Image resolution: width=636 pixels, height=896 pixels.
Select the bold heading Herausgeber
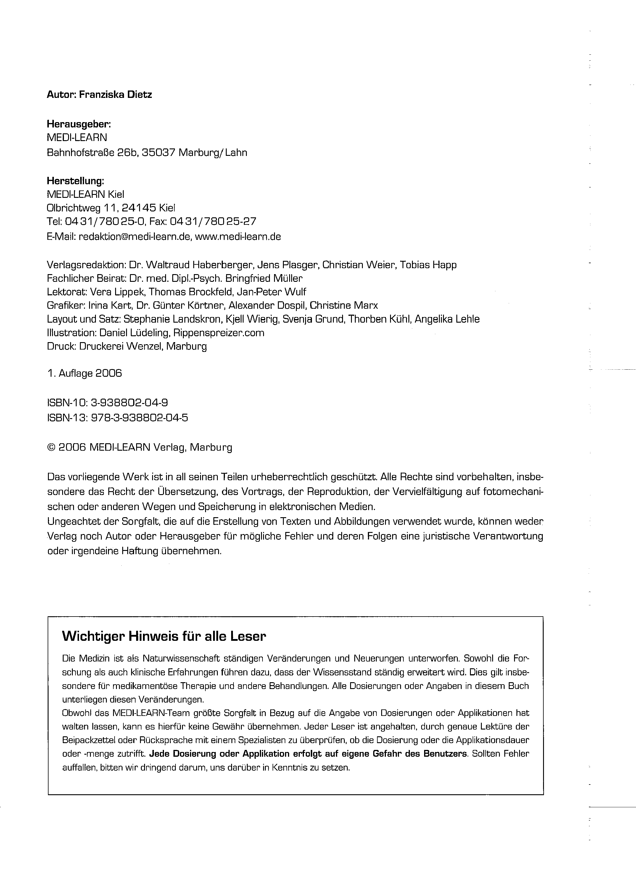point(79,124)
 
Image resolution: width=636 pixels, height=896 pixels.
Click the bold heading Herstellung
point(75,181)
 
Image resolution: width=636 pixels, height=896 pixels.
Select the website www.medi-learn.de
point(238,237)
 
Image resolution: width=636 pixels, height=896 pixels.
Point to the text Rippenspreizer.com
point(218,333)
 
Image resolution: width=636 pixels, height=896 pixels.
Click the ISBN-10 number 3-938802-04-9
point(129,403)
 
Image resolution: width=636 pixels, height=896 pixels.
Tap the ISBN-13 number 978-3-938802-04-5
point(139,418)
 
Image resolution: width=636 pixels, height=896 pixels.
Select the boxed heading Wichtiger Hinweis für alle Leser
point(164,636)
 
